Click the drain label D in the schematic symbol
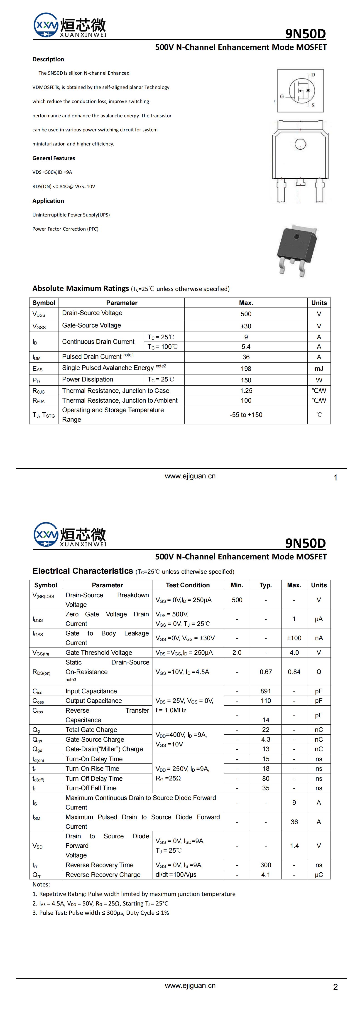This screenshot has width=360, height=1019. [313, 74]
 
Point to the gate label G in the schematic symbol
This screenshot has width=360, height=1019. [282, 96]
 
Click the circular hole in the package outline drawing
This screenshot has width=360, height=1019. [299, 144]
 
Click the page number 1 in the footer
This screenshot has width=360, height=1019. [335, 478]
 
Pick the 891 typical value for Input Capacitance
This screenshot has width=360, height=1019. [265, 691]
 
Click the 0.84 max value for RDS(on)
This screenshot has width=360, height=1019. [294, 672]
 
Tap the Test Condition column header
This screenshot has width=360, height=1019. [188, 585]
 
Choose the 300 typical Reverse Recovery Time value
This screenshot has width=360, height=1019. [265, 865]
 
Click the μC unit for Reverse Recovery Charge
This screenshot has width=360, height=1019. [318, 875]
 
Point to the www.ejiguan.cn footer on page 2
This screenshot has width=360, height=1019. [190, 985]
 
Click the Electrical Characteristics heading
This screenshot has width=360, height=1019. [83, 571]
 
